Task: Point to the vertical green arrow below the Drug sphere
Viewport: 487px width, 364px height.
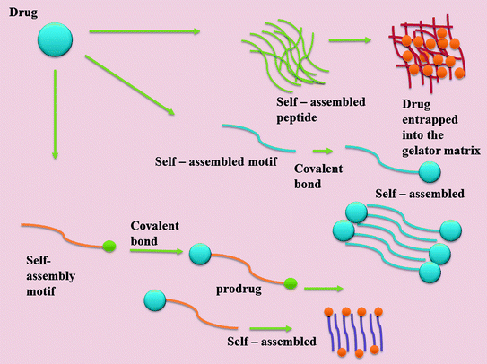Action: coord(55,117)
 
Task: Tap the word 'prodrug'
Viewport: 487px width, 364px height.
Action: coord(237,290)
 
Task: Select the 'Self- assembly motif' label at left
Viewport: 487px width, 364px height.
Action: coord(34,270)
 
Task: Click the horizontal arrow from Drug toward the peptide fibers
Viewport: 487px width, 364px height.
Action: coord(143,33)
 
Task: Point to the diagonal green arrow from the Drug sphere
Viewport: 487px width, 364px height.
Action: coord(130,85)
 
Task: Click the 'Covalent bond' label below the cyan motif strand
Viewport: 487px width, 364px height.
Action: coord(319,174)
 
